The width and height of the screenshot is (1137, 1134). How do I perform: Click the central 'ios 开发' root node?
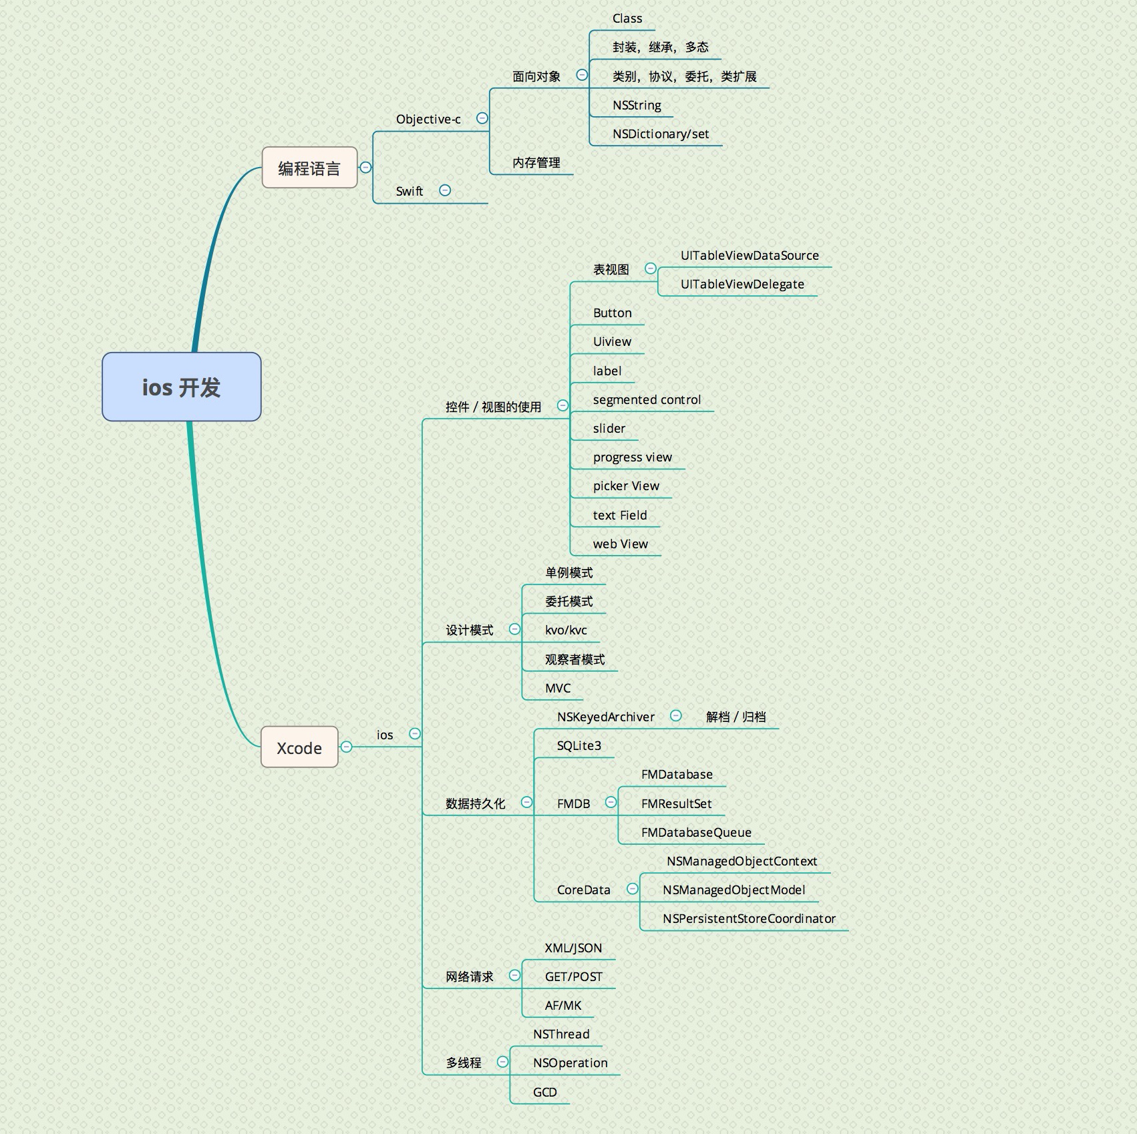coord(181,387)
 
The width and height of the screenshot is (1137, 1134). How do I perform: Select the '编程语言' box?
coord(309,168)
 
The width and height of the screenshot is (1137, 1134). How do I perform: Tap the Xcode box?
coord(299,747)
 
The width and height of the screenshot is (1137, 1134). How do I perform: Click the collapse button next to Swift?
coord(445,190)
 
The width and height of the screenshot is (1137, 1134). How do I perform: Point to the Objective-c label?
coord(428,119)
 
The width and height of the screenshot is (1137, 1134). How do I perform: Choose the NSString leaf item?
coord(637,105)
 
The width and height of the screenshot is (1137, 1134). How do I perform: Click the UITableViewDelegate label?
coord(742,284)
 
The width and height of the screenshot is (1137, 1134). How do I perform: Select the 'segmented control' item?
coord(647,399)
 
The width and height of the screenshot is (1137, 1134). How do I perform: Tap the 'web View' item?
coord(620,544)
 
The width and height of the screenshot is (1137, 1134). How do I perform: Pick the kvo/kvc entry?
coord(566,630)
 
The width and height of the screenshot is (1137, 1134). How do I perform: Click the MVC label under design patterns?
coord(558,688)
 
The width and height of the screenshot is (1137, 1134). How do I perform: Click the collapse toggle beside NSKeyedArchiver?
coord(676,716)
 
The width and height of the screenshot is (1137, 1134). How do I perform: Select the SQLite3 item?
coord(579,745)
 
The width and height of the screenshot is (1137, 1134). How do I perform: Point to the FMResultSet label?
coord(676,803)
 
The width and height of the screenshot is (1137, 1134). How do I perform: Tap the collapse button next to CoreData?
coord(632,889)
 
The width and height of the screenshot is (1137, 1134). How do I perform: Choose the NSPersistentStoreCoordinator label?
coord(749,918)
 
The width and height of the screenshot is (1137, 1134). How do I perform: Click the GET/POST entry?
coord(573,976)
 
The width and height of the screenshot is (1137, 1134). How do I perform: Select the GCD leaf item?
coord(544,1092)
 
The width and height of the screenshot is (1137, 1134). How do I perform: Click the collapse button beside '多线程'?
coord(502,1062)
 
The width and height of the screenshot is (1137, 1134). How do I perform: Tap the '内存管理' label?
coord(536,162)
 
